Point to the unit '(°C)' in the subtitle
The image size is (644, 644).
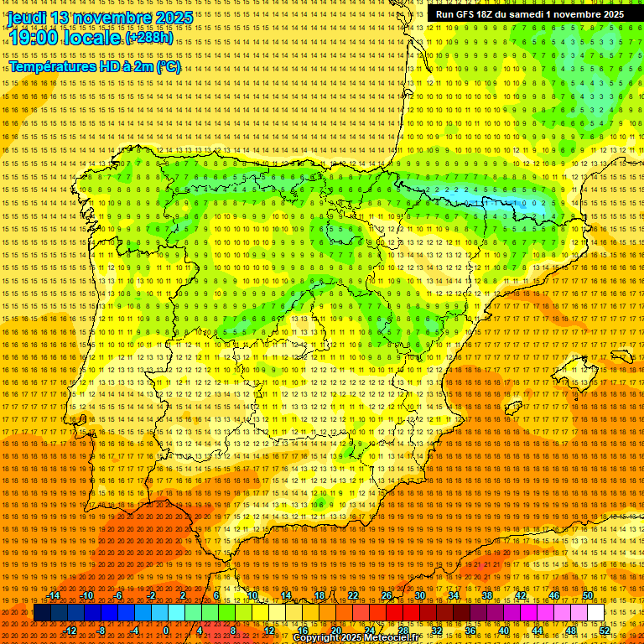168,66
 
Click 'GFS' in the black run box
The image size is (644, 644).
467,14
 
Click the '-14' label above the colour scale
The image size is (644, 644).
54,596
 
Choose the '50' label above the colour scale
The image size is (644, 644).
588,596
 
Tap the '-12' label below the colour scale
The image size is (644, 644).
71,630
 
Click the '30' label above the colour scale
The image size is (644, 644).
420,596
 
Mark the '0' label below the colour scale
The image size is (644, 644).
166,630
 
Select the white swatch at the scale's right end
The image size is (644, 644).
595,613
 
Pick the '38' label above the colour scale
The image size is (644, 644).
487,596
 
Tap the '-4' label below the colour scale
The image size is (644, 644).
134,630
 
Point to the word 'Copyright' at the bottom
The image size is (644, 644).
316,638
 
